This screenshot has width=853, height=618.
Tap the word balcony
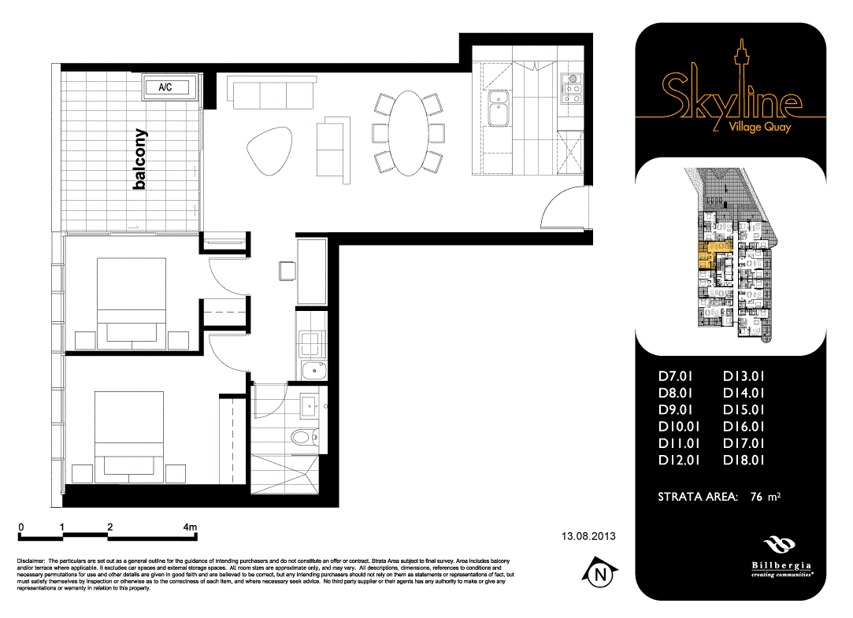pos(140,160)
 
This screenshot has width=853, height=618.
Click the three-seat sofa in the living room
pos(272,94)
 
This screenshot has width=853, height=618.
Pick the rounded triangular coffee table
pos(269,150)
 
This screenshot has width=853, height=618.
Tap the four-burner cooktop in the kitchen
pos(571,88)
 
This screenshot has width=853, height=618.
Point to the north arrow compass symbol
pos(601,575)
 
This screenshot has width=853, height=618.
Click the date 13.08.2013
pos(588,536)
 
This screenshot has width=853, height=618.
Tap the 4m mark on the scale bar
pos(189,527)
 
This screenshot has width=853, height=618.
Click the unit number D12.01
pos(679,461)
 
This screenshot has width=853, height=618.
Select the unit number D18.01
pos(744,461)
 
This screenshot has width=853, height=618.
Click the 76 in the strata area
pos(758,497)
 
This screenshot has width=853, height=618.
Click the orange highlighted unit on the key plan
pos(709,253)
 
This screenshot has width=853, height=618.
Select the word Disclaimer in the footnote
pos(32,560)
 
